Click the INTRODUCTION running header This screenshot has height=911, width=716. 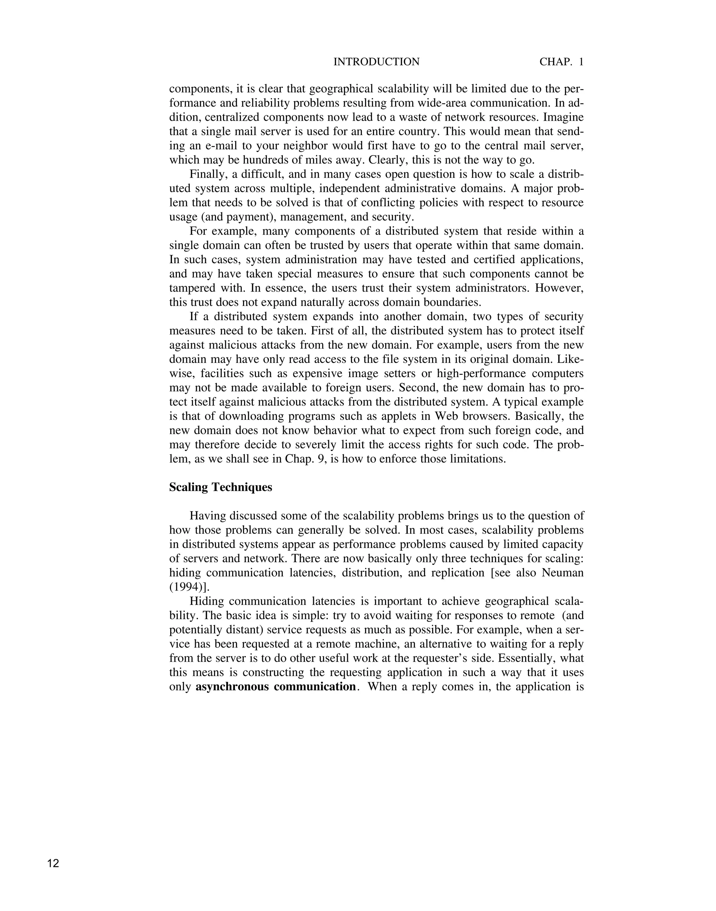click(376, 62)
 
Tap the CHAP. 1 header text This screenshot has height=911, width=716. click(561, 62)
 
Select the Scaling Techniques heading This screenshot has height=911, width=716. click(221, 487)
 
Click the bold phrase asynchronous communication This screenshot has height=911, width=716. click(276, 687)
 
